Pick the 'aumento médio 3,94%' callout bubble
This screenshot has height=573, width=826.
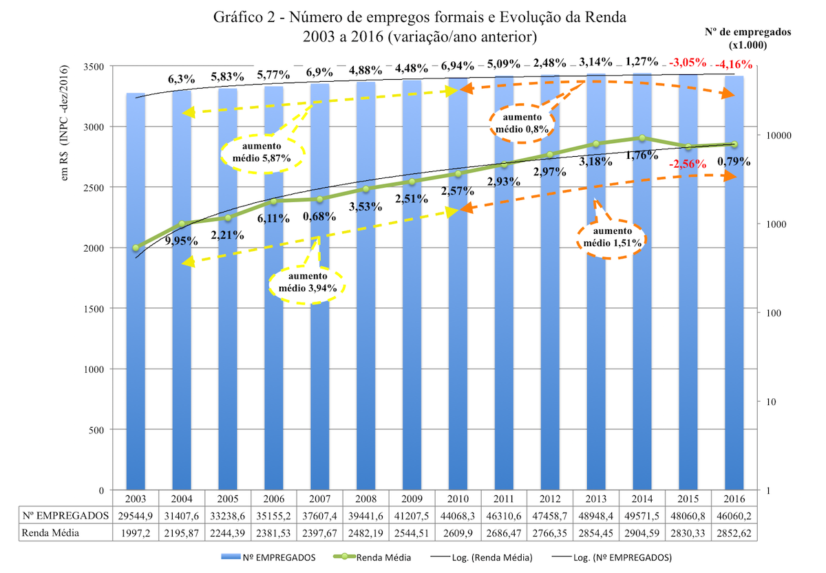308,283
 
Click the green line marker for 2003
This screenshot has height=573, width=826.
136,248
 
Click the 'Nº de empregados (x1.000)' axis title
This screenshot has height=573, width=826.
748,38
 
